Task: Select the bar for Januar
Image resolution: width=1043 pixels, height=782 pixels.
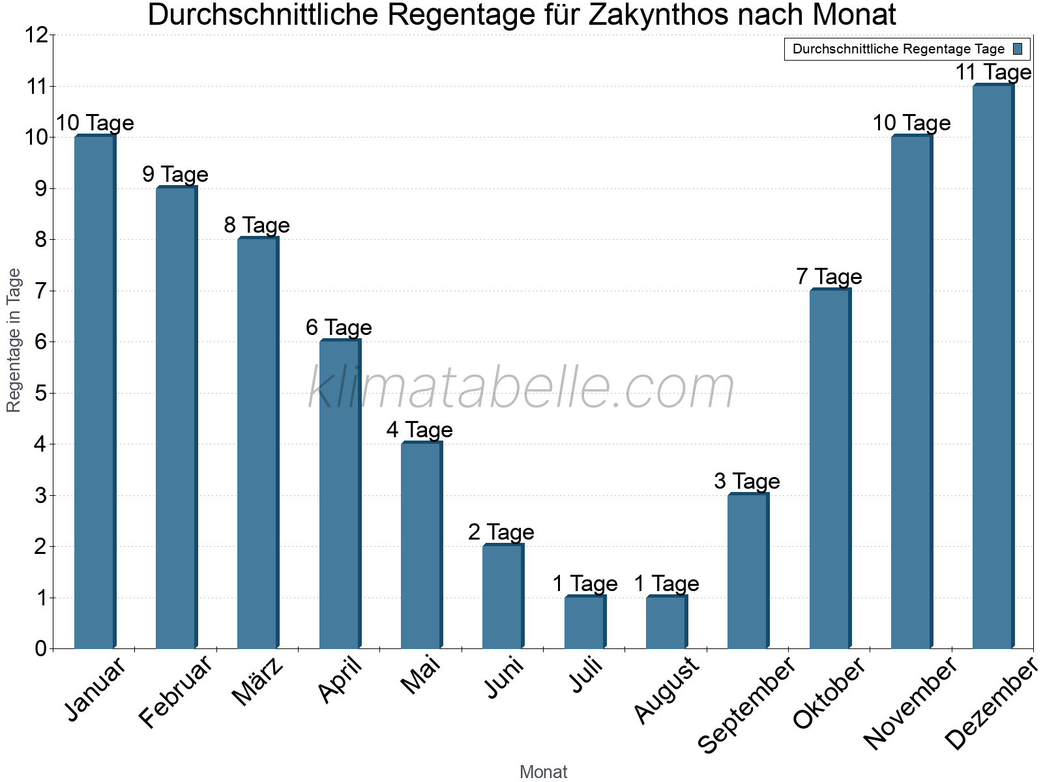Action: tap(95, 391)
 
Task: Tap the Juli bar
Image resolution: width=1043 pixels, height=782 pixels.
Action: tap(585, 622)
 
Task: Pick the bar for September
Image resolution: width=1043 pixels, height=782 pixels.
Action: tap(748, 571)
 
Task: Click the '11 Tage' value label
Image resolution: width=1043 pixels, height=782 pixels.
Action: tap(993, 72)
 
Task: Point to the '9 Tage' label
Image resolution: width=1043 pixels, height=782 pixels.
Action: tap(175, 175)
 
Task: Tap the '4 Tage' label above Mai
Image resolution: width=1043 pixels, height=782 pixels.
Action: tap(419, 430)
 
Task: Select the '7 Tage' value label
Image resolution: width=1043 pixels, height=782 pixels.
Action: tap(829, 277)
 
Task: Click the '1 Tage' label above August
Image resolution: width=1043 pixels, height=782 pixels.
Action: tap(666, 584)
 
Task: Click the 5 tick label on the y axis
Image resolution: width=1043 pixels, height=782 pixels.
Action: tap(40, 394)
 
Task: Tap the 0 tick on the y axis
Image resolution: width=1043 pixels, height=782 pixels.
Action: tap(40, 649)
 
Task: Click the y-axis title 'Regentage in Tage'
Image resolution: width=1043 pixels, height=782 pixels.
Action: tap(14, 340)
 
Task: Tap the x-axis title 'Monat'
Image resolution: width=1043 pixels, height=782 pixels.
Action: tap(543, 772)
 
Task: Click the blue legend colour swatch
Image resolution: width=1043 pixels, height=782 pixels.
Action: tap(1018, 49)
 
